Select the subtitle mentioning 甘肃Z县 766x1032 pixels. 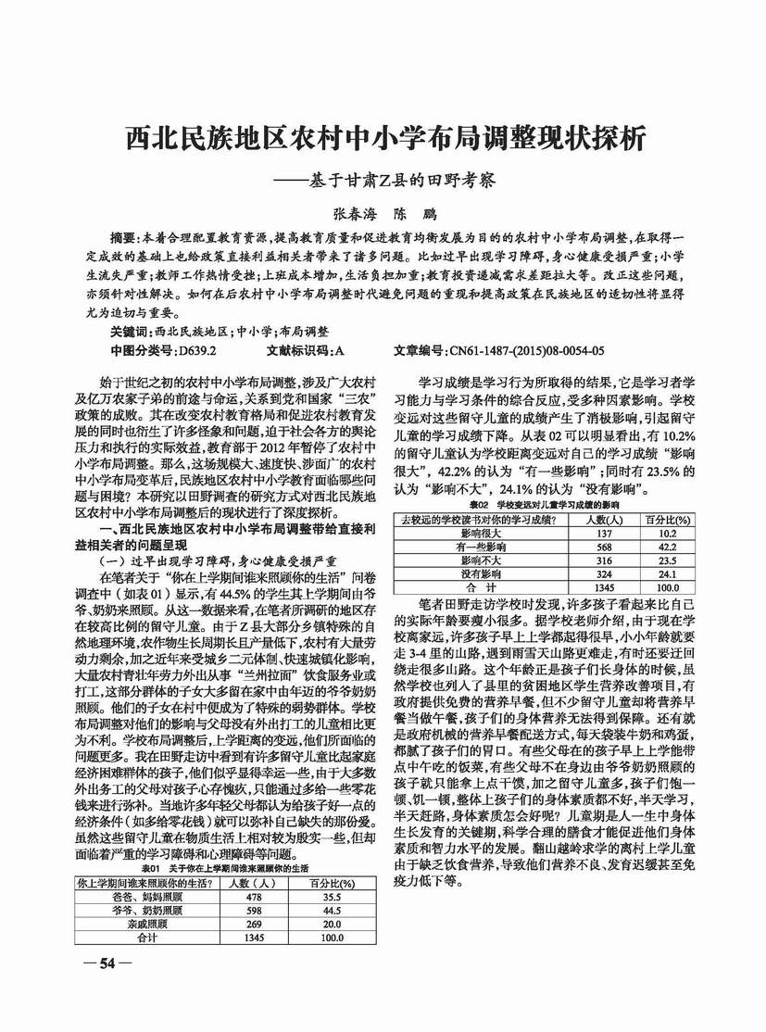pyautogui.click(x=383, y=180)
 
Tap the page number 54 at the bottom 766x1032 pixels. pyautogui.click(x=107, y=964)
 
